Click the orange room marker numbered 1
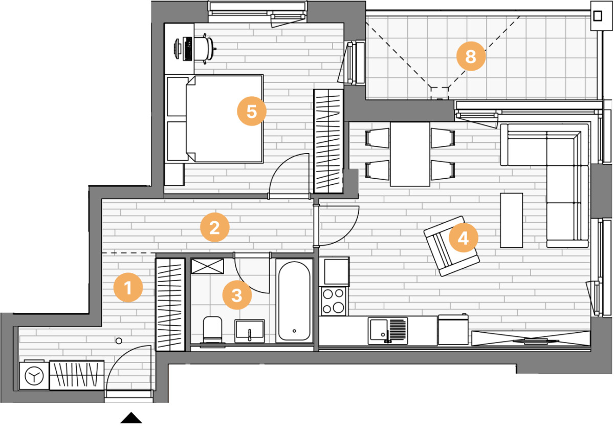(128, 287)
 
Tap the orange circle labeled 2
(214, 227)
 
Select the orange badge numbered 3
(237, 295)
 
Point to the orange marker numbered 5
(252, 111)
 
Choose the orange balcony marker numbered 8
(471, 56)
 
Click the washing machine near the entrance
(34, 375)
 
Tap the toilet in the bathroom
(212, 331)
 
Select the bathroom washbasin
(250, 331)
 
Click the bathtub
(294, 301)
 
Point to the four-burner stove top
(333, 301)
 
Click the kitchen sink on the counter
(388, 330)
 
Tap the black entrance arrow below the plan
(131, 417)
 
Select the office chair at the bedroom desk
(205, 49)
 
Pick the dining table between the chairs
(410, 154)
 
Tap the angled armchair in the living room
(451, 246)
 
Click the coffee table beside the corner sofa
(511, 220)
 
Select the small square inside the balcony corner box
(598, 16)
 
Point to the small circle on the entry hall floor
(119, 341)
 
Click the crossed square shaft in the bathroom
(207, 266)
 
